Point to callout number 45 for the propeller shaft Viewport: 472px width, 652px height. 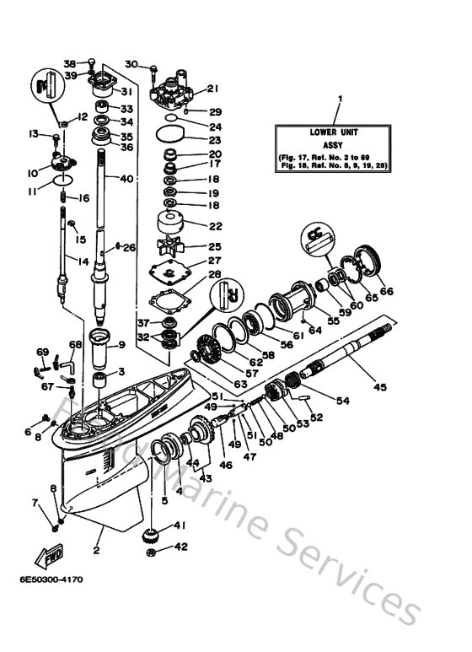380,388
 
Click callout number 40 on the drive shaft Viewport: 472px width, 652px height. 126,178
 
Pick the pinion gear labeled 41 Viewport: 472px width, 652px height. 155,532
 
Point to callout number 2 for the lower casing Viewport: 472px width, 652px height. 96,552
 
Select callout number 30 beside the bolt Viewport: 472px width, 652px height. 131,65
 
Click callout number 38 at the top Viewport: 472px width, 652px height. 70,63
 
